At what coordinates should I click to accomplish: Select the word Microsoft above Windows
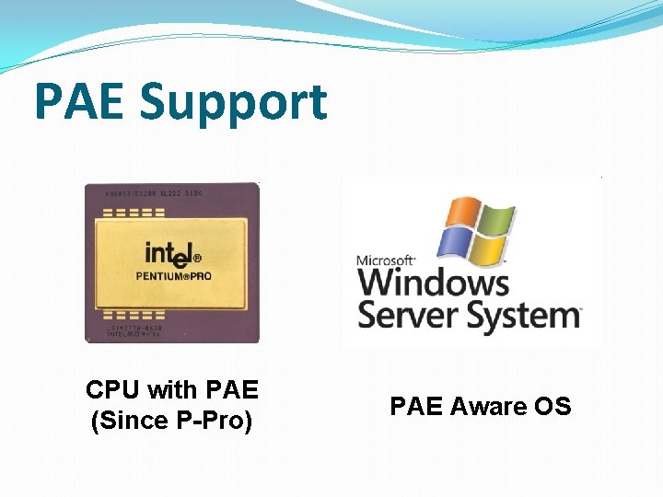point(386,260)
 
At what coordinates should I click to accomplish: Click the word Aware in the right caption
point(490,406)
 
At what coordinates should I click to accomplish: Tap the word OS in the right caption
point(552,406)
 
